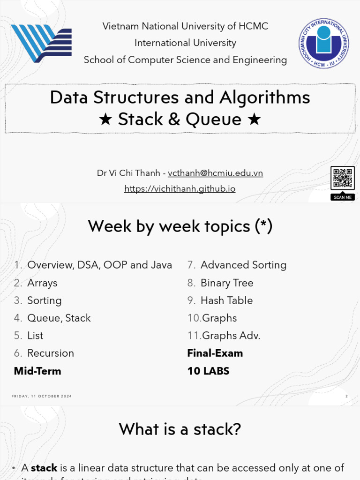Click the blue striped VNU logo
click(41, 43)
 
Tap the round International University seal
click(324, 44)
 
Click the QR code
click(342, 178)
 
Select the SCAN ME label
click(342, 197)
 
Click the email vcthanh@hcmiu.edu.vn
click(215, 173)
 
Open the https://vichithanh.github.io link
click(180, 189)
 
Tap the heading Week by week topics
click(180, 226)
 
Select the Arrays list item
click(42, 283)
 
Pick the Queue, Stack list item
click(59, 318)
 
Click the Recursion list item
click(51, 353)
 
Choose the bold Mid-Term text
click(37, 371)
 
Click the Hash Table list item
click(226, 300)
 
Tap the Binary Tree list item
click(227, 283)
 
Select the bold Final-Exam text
click(215, 353)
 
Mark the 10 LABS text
click(208, 371)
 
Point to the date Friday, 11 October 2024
click(42, 397)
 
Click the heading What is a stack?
click(180, 429)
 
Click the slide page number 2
click(346, 397)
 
